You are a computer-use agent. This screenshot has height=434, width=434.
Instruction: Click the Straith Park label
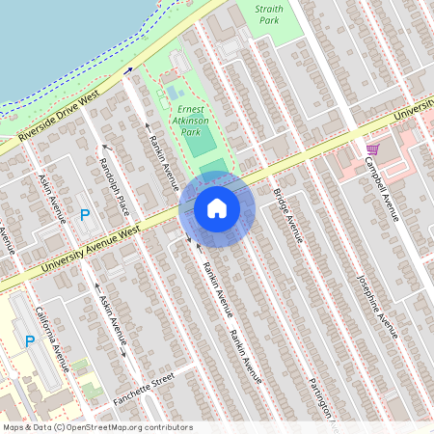pos(269,14)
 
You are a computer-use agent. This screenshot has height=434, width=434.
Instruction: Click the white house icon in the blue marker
pos(217,208)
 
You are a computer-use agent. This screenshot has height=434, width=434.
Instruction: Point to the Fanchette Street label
pos(142,383)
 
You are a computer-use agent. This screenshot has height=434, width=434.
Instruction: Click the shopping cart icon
pos(372,149)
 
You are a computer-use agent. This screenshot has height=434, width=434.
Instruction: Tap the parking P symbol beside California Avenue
pos(29,340)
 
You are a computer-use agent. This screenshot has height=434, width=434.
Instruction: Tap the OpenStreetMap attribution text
pos(98,426)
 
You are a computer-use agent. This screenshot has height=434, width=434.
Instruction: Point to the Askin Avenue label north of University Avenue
pos(51,199)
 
